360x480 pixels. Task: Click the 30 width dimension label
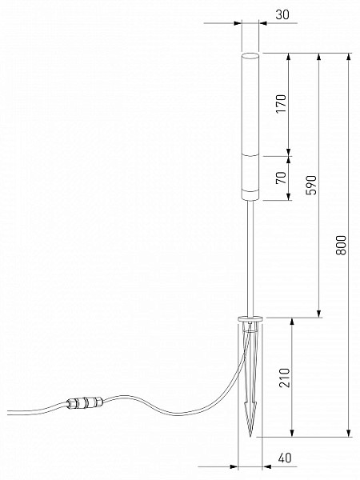point(282,14)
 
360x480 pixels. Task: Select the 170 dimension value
point(281,104)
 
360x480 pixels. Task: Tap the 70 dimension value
point(281,178)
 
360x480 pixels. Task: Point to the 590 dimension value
point(311,185)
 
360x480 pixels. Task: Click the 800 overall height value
point(341,246)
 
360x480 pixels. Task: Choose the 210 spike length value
point(284,378)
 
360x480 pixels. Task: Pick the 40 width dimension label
point(284,458)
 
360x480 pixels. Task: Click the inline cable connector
point(84,402)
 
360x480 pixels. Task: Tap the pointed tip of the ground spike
point(250,436)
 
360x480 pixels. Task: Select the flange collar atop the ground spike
point(250,319)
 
